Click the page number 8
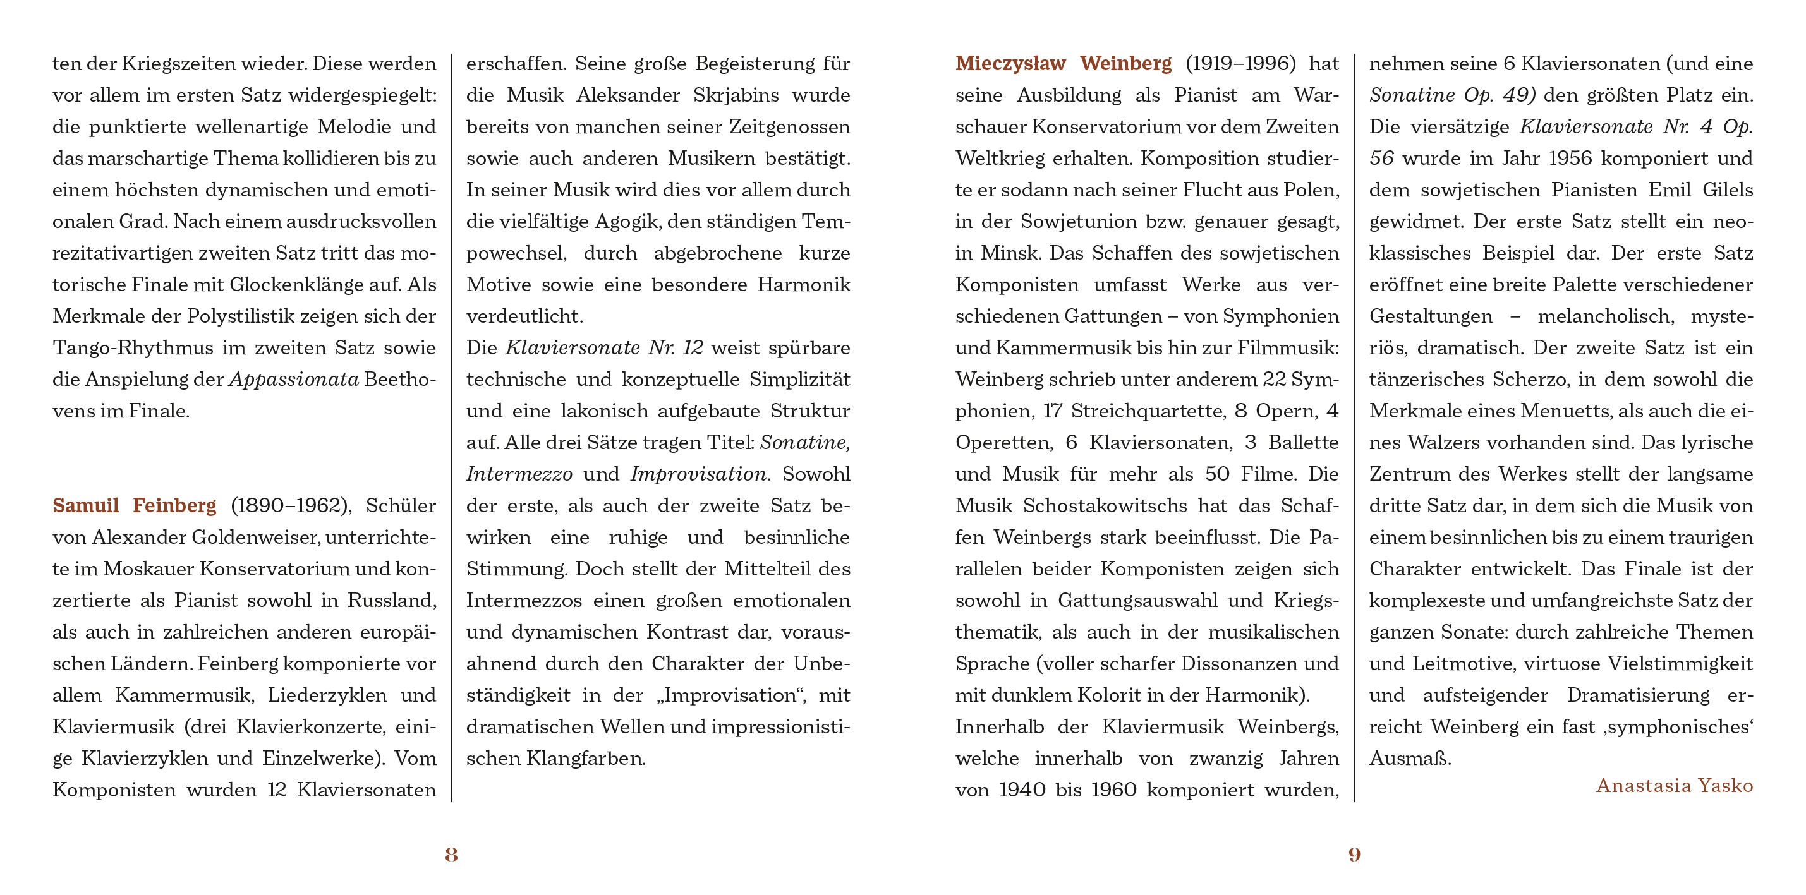click(451, 854)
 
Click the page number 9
click(1354, 854)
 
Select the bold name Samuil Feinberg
click(134, 505)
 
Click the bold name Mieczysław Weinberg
click(1063, 64)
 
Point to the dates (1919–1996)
click(1240, 64)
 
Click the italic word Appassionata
click(294, 379)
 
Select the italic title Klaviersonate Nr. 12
click(603, 347)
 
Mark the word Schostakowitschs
click(1105, 505)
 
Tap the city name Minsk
click(1010, 253)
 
